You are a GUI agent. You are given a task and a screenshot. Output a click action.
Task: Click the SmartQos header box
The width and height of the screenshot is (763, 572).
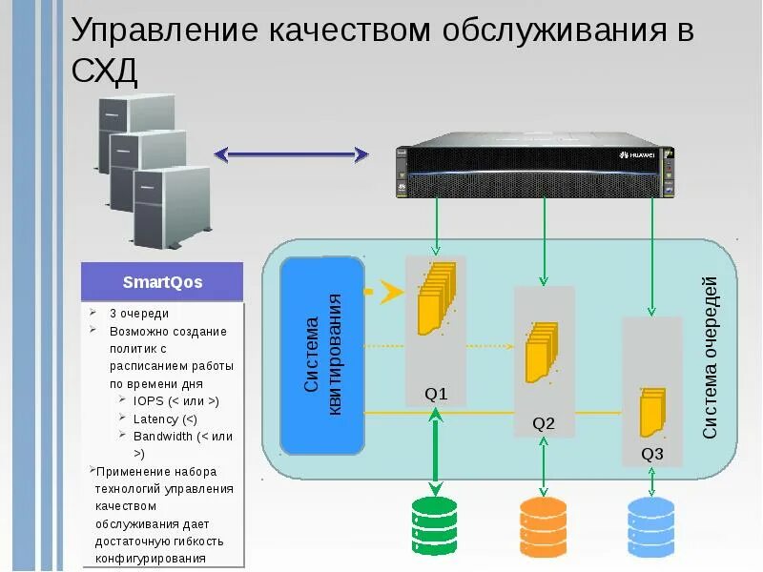coord(162,282)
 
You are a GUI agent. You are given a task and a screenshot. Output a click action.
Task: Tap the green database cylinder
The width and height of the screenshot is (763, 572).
coord(435,527)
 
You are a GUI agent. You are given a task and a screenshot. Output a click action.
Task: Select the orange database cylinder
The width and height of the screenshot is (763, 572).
coord(544,527)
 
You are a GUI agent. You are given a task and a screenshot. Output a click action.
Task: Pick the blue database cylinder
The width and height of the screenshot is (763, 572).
coord(652,527)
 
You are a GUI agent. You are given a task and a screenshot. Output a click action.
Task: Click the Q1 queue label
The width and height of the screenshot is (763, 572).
coord(435,394)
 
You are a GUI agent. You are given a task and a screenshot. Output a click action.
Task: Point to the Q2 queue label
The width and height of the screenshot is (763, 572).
coord(544,423)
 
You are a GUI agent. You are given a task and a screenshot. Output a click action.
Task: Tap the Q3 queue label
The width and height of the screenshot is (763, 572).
coord(652,453)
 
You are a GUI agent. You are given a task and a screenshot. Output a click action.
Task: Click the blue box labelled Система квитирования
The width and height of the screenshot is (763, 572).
coord(323,355)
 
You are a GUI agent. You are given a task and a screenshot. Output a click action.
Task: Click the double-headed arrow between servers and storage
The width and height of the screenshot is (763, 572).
coord(291,153)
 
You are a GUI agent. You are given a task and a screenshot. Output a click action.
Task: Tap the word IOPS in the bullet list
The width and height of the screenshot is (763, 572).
coord(150,401)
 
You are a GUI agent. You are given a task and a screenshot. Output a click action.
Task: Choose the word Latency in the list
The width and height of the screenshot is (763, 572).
coord(156,419)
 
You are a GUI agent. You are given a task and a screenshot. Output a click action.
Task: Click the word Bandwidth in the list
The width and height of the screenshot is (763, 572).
coord(164,436)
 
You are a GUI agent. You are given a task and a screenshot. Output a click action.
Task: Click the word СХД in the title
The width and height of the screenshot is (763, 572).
coord(105,71)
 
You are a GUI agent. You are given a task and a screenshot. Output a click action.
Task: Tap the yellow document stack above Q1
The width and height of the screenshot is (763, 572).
coord(434,299)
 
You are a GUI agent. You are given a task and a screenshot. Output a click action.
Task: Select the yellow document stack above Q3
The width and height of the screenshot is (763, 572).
coord(652,412)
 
